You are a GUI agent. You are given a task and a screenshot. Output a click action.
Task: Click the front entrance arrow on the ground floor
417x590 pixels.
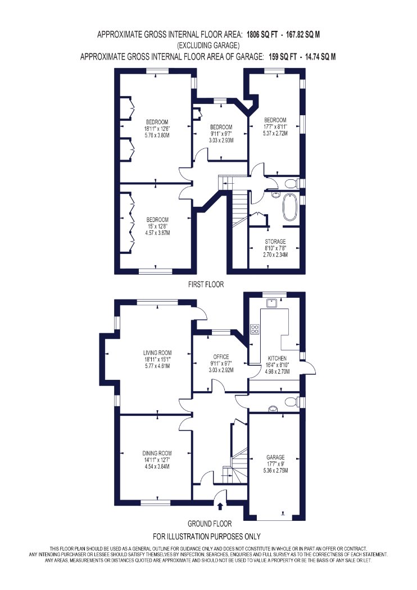click(220, 506)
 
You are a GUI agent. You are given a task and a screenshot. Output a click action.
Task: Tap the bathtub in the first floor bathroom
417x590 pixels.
click(290, 207)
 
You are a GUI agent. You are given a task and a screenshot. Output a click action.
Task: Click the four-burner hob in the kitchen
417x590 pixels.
click(255, 329)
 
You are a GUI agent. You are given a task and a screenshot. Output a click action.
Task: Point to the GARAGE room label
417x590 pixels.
click(276, 457)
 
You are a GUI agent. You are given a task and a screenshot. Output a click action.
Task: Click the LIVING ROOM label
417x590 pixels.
click(157, 353)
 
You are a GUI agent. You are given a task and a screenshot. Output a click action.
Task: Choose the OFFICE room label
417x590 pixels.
click(221, 357)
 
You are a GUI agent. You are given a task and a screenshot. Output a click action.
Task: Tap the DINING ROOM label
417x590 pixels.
click(157, 453)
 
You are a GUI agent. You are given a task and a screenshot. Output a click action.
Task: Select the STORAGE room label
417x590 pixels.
click(275, 241)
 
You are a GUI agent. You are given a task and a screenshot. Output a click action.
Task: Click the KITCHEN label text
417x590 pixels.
click(277, 358)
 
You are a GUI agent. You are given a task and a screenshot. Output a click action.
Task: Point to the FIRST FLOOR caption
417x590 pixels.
click(206, 284)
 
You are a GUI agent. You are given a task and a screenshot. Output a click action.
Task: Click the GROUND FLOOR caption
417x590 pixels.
click(210, 523)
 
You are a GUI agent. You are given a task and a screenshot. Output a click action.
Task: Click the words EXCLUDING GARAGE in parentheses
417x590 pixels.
click(208, 46)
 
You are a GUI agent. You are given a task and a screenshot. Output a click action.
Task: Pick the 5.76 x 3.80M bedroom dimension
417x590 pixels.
click(157, 135)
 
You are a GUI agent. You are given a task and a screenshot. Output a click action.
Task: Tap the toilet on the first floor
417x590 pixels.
click(291, 184)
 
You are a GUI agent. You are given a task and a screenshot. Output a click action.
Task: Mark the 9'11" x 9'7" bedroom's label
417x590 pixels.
click(221, 127)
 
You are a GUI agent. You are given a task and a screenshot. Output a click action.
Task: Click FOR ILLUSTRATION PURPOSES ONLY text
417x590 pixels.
click(207, 536)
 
